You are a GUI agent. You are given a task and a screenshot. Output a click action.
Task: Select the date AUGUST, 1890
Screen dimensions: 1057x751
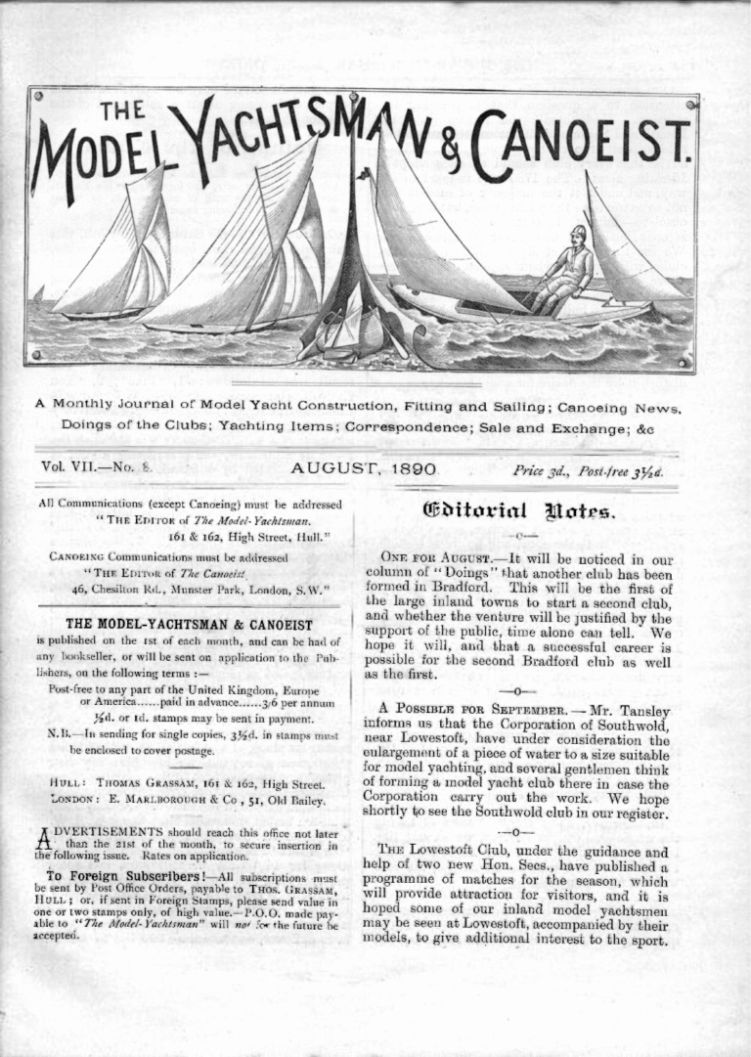[363, 469]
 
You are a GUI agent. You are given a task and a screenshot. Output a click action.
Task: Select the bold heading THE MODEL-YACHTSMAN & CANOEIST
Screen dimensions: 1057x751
[189, 625]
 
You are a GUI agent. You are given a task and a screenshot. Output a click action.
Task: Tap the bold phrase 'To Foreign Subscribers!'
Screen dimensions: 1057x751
[116, 875]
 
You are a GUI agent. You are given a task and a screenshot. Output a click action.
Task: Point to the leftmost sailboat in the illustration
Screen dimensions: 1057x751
[117, 254]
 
